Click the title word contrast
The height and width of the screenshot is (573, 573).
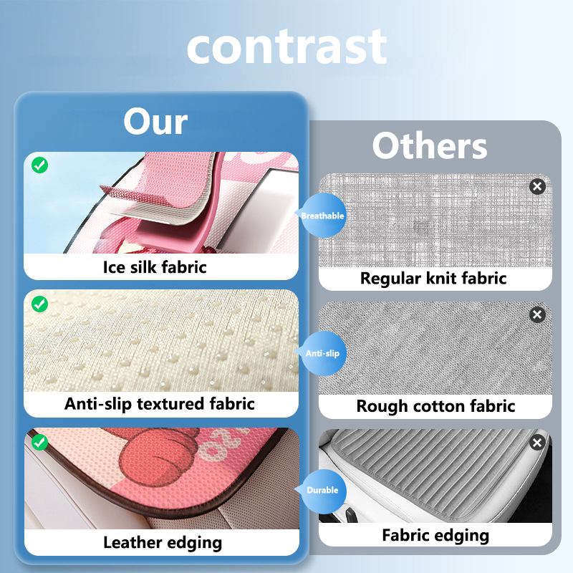pos(286,47)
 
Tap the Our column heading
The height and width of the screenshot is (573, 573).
pos(155,121)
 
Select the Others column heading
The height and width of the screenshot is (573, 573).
pos(430,145)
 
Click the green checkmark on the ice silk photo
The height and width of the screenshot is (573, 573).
pos(40,165)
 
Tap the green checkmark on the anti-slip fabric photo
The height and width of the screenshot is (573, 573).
pos(40,304)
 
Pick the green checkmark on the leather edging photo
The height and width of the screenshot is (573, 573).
pos(40,442)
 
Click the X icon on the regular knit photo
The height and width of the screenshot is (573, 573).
pos(537,187)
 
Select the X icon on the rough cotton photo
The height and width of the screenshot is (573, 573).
pos(537,314)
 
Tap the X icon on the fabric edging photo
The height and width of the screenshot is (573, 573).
pos(537,443)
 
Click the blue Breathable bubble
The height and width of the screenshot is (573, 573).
pos(322,216)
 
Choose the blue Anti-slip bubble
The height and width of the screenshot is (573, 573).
pos(322,353)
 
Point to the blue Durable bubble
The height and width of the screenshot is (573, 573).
pos(322,491)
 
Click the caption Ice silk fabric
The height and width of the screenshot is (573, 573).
pos(155,267)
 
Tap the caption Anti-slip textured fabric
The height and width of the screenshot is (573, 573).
pos(160,404)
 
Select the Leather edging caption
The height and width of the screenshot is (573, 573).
pos(163,543)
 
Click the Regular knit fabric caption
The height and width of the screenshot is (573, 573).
pos(433,279)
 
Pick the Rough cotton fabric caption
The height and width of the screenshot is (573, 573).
pos(435,406)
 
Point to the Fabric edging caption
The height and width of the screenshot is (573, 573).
pos(435,536)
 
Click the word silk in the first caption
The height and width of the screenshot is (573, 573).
pos(144,267)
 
